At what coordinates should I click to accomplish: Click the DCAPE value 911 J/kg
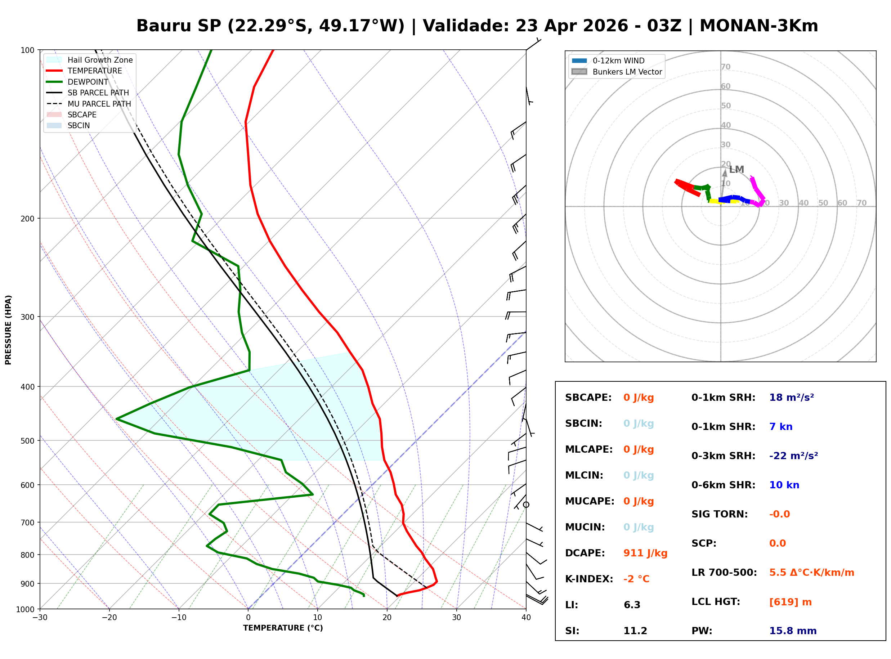pos(645,553)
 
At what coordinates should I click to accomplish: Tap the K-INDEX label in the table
pos(589,579)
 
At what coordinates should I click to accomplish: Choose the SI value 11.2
pos(635,631)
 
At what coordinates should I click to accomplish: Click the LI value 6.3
pos(632,605)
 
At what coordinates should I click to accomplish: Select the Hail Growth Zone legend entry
pos(100,60)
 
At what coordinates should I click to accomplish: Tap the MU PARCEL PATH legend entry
pos(99,104)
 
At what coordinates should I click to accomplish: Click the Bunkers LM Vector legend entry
pos(627,72)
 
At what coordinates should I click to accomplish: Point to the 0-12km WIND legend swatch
pos(579,60)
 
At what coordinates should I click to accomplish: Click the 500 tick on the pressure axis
pos(27,441)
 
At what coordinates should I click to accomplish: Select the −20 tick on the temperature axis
pos(109,618)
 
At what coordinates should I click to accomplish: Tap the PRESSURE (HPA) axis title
pos(8,329)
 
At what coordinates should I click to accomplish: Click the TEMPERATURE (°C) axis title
pos(283,628)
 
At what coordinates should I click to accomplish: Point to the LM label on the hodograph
pos(736,170)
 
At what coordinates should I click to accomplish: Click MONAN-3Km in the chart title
pos(758,26)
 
